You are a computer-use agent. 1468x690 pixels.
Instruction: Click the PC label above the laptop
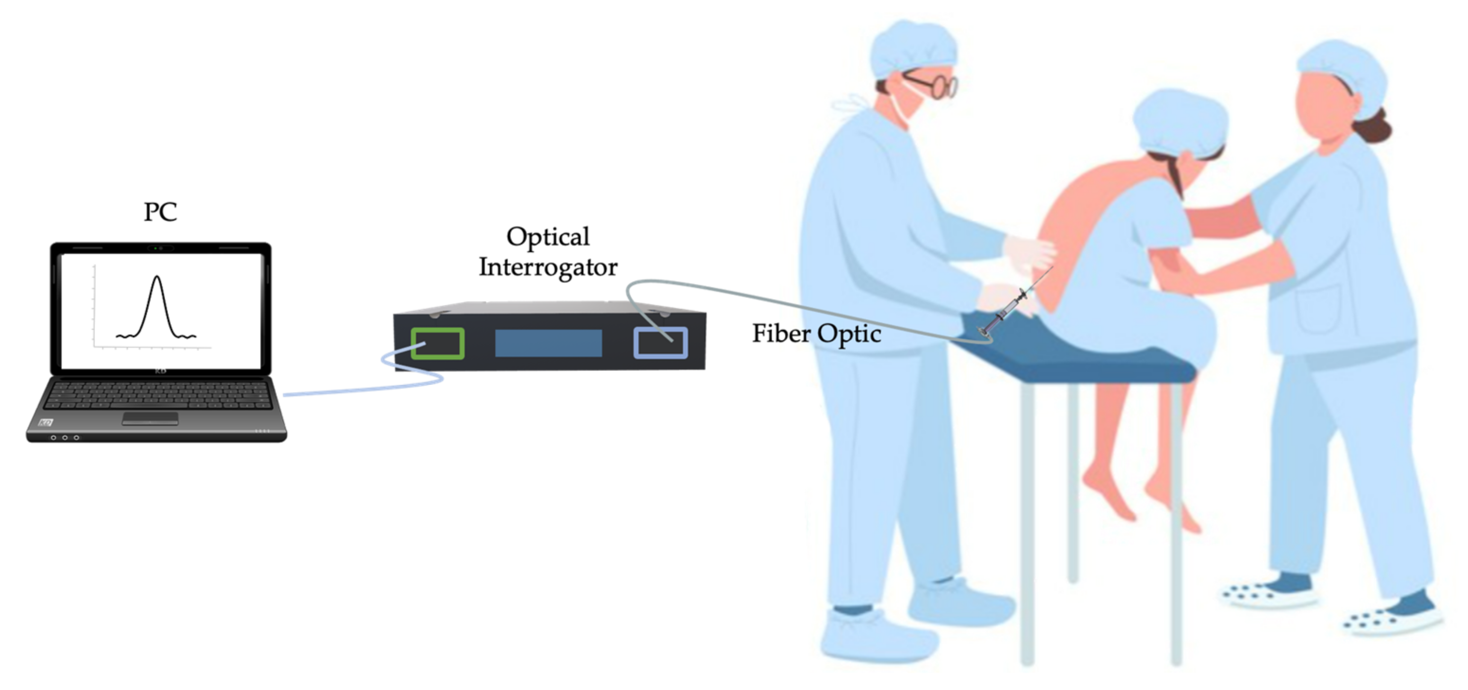coord(160,212)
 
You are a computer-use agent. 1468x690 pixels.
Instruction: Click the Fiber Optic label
coord(816,334)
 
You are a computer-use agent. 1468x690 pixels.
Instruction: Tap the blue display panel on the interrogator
coord(548,343)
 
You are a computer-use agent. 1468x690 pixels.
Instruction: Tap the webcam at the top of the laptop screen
coord(161,249)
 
